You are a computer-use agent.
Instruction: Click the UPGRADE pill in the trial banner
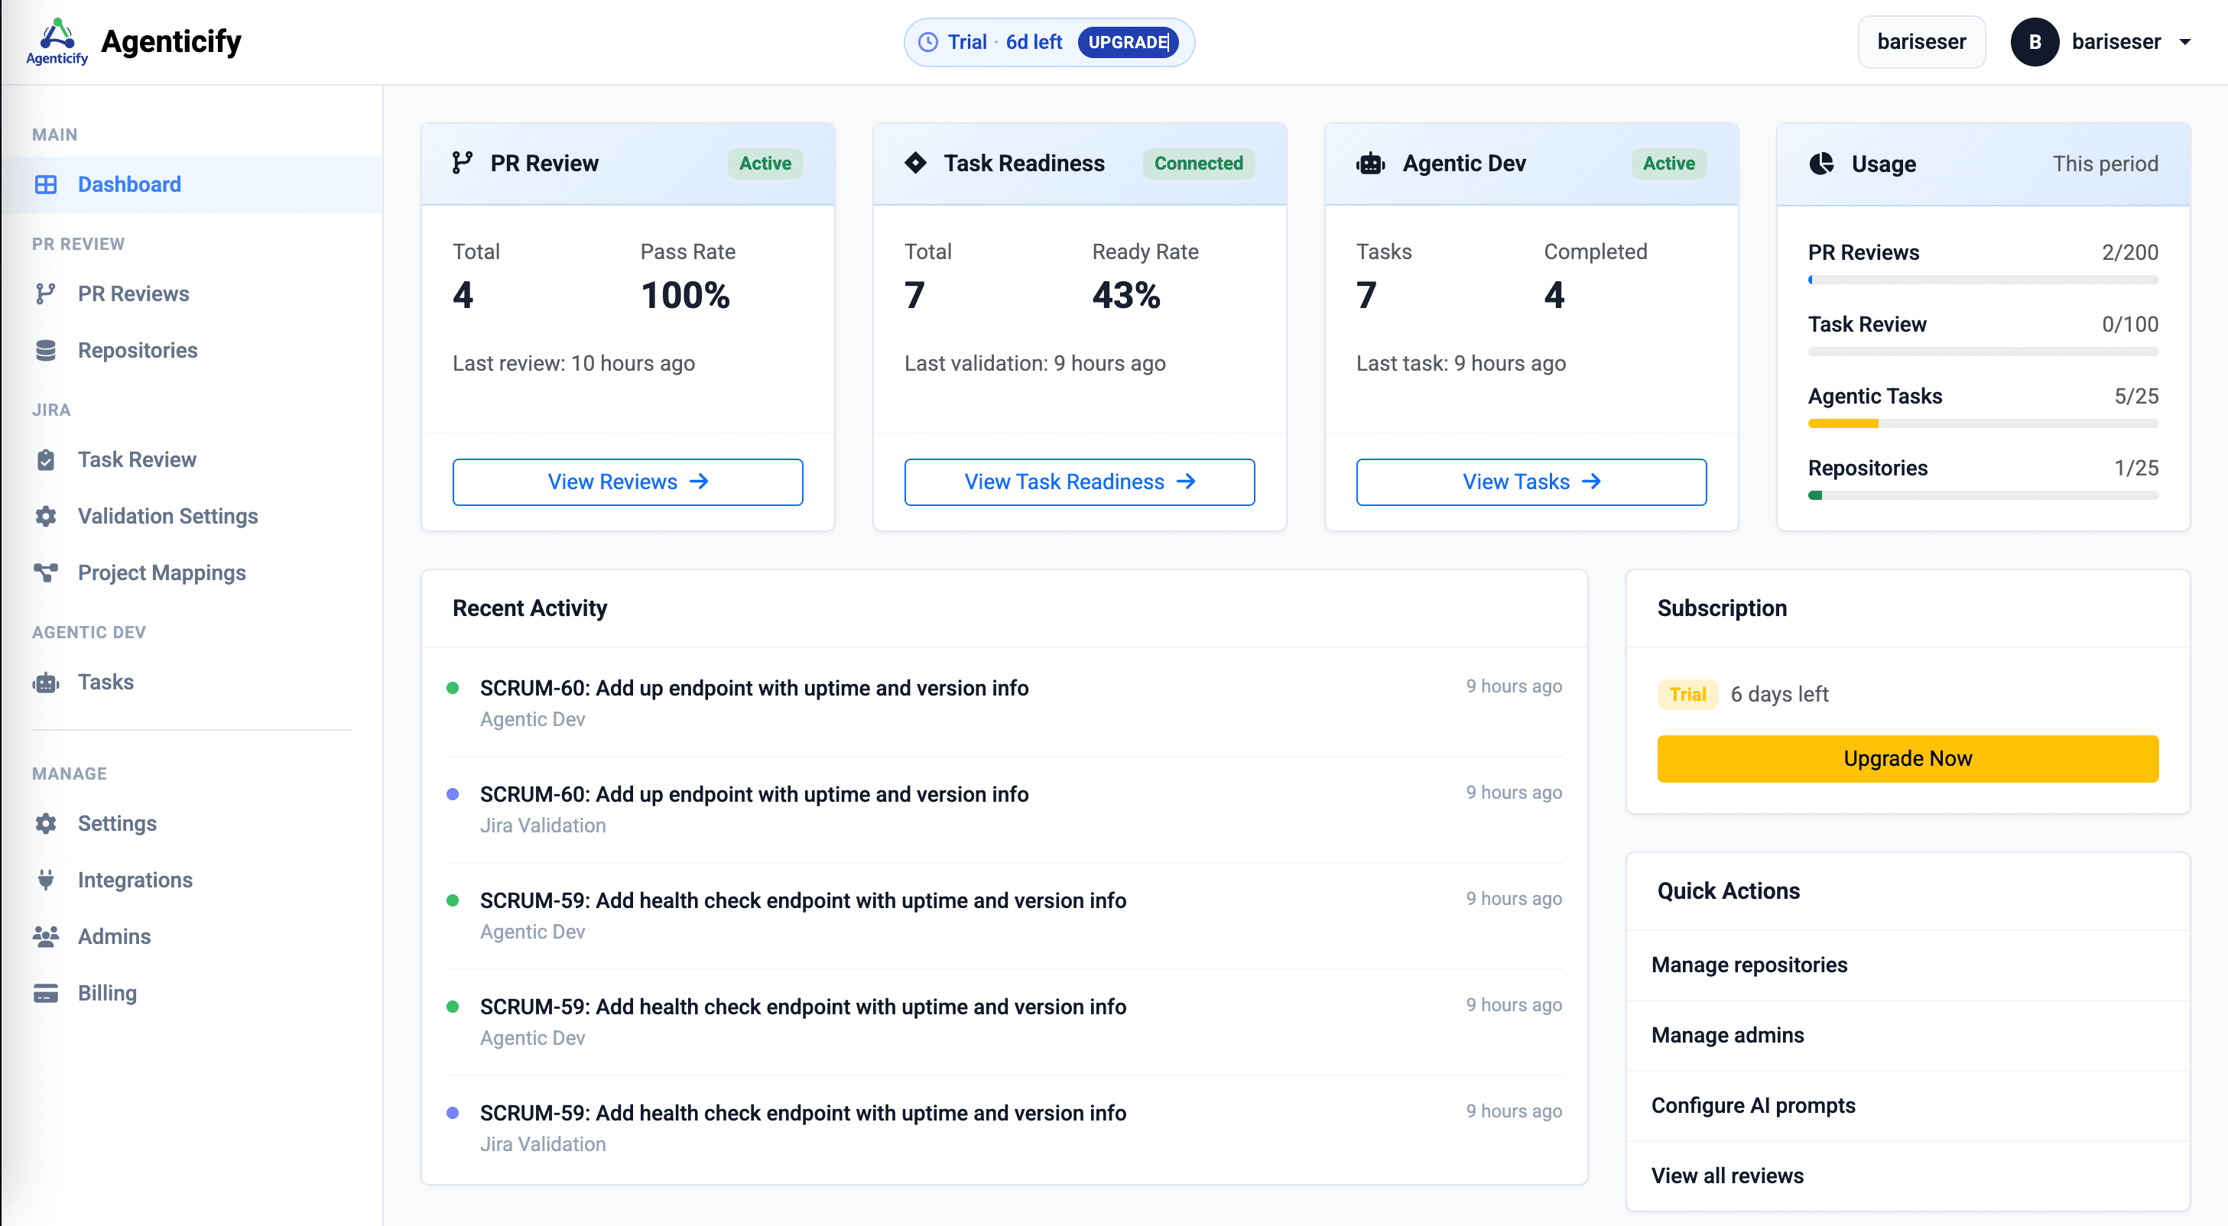click(1128, 42)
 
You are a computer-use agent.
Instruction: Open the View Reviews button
click(627, 482)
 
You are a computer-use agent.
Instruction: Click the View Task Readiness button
click(1079, 482)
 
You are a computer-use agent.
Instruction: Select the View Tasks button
click(1530, 482)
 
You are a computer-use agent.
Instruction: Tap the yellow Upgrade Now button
click(1907, 758)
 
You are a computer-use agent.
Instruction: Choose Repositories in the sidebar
click(138, 350)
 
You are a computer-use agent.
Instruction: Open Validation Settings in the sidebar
click(167, 516)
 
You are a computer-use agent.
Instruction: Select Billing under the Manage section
click(106, 993)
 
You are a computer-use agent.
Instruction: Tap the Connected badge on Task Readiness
click(1198, 164)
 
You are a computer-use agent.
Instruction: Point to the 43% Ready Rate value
click(1125, 296)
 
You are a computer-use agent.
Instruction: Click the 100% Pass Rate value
click(685, 296)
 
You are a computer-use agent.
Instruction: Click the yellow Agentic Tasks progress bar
click(1843, 423)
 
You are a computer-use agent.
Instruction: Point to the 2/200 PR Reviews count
click(2129, 252)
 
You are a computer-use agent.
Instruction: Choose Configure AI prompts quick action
click(1753, 1105)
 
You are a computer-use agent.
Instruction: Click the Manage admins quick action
click(1727, 1035)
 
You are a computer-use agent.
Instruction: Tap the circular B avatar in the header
click(2035, 42)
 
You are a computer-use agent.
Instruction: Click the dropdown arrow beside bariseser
click(2184, 42)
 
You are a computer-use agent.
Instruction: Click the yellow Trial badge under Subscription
click(1687, 694)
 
